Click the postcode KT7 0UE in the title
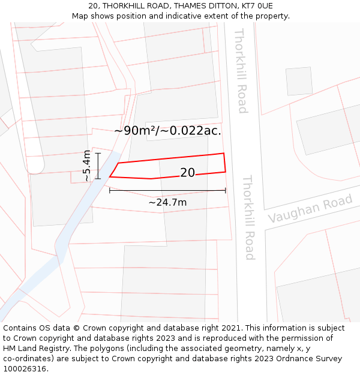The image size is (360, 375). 256,5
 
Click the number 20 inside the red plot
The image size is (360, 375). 187,173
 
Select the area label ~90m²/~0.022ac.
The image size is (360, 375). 167,130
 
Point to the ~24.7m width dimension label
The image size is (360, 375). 167,203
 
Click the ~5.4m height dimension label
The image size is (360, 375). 88,166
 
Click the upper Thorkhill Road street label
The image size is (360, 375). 241,71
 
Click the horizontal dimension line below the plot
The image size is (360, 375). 167,191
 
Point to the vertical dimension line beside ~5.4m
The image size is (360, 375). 98,166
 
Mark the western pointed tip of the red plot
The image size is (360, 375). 110,176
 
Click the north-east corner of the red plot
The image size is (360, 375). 224,153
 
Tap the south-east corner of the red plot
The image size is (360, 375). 225,172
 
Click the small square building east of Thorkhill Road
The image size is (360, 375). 299,81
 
